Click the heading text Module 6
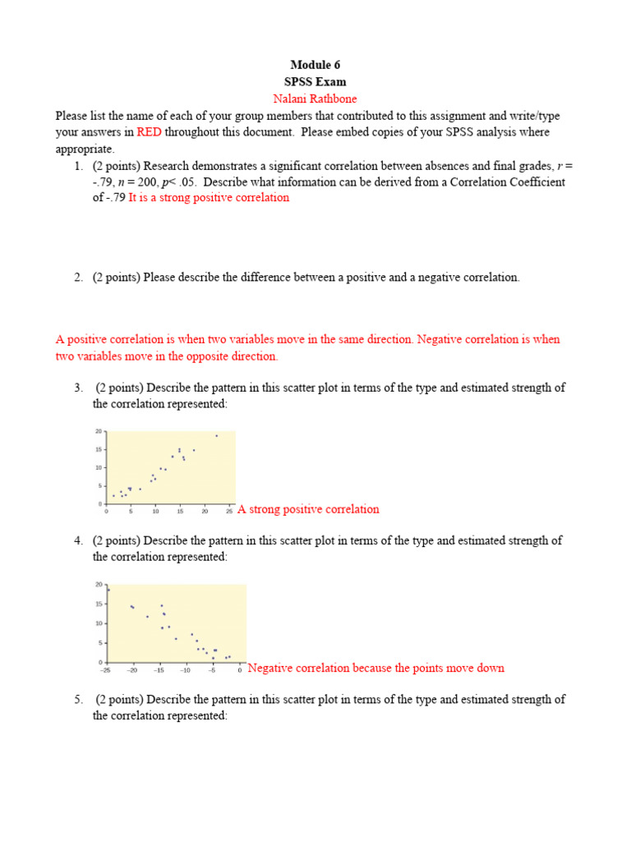[315, 65]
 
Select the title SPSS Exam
[315, 82]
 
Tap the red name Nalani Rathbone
[315, 99]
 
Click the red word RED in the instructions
[150, 132]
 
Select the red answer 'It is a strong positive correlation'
[209, 198]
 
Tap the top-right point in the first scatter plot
[217, 436]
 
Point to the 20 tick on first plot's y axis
[99, 431]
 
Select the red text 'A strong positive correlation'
[308, 509]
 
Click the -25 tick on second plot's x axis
[105, 670]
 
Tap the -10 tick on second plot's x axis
[186, 670]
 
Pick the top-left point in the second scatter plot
[108, 590]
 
